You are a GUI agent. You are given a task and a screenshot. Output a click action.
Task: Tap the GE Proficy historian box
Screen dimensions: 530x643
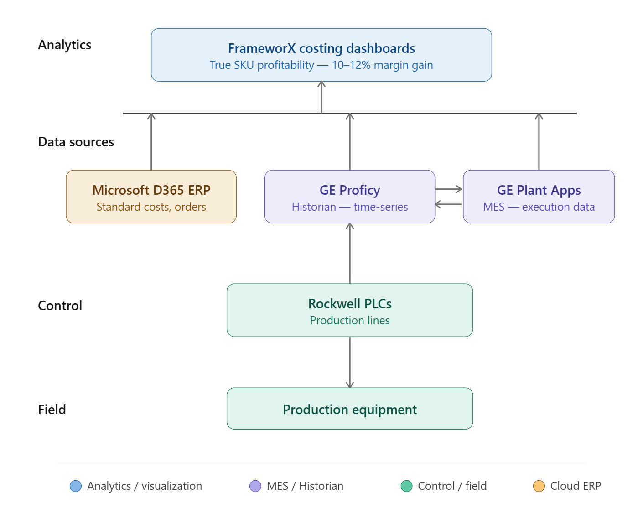click(x=349, y=197)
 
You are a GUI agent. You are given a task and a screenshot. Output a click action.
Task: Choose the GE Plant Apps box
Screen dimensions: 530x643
click(x=539, y=197)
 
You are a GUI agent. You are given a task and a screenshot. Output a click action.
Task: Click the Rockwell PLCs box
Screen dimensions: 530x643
click(x=349, y=310)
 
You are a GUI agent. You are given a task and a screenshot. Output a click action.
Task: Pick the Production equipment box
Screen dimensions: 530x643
click(x=349, y=409)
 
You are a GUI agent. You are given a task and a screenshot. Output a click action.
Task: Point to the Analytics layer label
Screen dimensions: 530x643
click(x=65, y=45)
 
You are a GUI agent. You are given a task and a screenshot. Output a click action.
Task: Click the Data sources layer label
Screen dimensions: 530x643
click(x=76, y=142)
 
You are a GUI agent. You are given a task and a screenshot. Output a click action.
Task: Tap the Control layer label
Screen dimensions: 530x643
click(x=60, y=305)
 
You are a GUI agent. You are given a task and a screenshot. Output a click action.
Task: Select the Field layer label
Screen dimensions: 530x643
click(x=52, y=409)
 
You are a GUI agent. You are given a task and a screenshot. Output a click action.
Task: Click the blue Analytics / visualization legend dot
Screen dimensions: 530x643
click(x=76, y=486)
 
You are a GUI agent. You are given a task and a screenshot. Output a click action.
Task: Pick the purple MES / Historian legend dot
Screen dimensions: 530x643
click(x=255, y=486)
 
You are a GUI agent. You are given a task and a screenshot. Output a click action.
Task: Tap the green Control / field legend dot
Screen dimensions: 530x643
click(x=406, y=486)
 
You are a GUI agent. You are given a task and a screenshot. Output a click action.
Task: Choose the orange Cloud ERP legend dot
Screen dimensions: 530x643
click(x=539, y=486)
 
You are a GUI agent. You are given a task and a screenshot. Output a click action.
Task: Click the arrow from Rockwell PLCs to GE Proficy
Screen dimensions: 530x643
click(x=350, y=253)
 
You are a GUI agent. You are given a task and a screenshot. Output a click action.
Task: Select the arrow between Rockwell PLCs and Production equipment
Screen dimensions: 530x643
click(x=350, y=362)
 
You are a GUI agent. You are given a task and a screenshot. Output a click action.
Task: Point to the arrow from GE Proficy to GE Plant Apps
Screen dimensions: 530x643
click(x=449, y=189)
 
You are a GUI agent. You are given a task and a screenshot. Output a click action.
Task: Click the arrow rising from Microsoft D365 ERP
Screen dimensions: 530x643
click(x=151, y=141)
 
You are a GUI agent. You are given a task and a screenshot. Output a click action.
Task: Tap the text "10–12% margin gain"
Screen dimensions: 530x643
click(x=382, y=65)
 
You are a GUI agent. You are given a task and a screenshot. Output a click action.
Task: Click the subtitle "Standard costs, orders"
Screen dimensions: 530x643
click(x=151, y=207)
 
